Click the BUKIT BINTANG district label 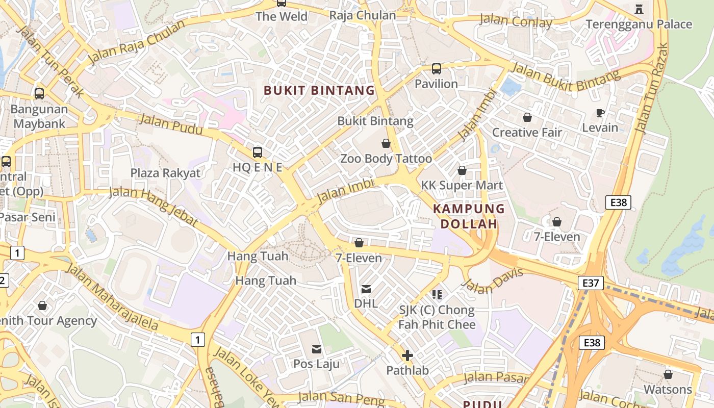319,91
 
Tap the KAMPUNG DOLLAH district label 469,216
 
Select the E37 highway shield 591,283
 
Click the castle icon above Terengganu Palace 639,9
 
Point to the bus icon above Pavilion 436,68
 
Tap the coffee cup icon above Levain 600,113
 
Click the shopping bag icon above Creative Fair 527,117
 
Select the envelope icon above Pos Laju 317,349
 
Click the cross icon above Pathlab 407,355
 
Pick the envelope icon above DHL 366,289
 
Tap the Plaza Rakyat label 165,173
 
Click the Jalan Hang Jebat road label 154,206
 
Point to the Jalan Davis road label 494,281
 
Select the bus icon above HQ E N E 258,152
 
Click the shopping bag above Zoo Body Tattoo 386,144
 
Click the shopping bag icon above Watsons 668,374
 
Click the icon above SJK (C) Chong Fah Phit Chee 437,294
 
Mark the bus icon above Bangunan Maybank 39,94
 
